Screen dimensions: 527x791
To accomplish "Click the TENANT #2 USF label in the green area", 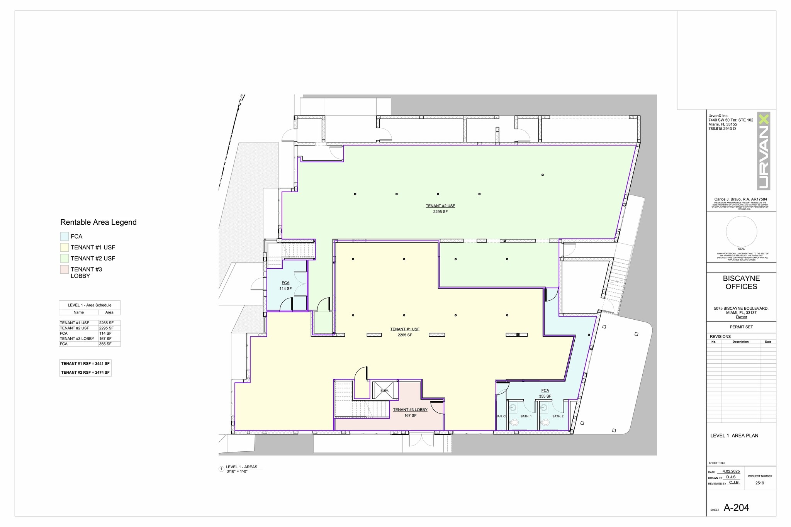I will [440, 206].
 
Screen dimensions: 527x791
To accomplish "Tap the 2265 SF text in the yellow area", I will [405, 335].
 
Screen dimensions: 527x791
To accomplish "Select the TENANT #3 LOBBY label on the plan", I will [410, 410].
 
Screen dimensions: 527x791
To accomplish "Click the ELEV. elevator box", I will [384, 390].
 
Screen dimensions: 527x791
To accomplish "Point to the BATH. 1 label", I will [526, 416].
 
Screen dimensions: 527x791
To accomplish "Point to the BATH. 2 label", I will [558, 416].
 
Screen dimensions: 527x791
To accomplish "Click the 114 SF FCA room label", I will [285, 289].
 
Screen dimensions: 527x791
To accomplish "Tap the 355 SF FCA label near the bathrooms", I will [545, 396].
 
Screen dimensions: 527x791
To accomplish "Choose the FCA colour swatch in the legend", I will [65, 236].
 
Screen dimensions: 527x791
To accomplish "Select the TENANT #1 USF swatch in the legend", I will [65, 247].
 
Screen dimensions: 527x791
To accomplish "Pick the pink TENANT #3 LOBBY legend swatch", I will [65, 269].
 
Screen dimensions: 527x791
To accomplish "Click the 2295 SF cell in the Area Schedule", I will [106, 328].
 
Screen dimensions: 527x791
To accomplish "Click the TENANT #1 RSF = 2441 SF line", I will [85, 364].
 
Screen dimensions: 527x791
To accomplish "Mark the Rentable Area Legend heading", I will [98, 222].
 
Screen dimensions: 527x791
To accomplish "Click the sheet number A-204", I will [736, 508].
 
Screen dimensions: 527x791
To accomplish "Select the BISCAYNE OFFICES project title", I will [741, 283].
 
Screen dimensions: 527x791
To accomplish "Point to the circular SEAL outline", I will [741, 232].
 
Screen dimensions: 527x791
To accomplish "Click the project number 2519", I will [760, 483].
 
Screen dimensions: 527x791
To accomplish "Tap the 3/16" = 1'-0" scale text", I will [237, 471].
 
